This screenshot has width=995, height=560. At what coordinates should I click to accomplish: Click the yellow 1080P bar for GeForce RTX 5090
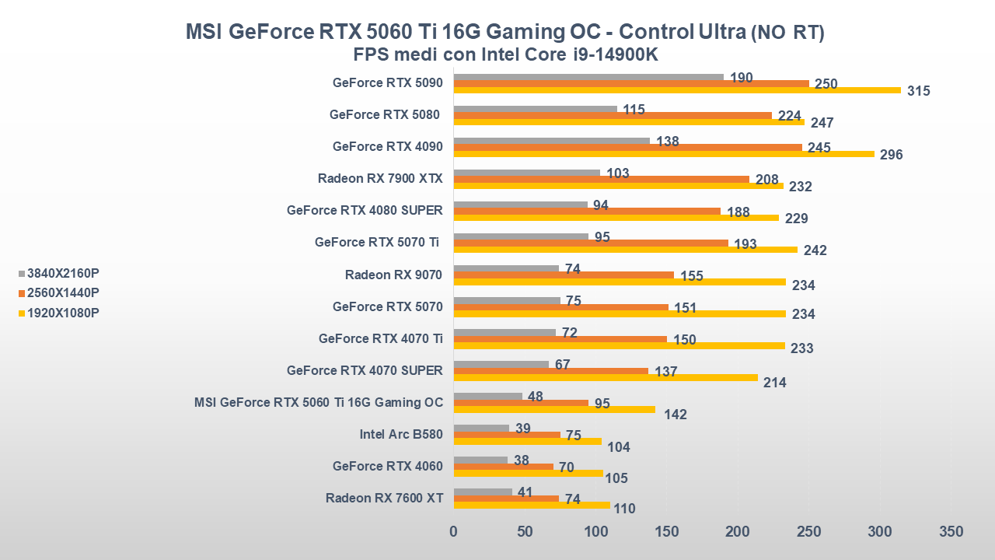676,90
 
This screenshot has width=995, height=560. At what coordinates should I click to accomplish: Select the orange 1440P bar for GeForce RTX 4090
627,147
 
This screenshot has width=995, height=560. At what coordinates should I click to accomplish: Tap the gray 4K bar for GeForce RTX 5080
535,109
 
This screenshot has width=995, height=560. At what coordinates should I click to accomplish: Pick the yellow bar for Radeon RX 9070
619,282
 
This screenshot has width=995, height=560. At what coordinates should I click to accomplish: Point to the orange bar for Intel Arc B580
506,435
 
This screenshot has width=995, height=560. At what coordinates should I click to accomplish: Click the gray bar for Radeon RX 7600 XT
482,492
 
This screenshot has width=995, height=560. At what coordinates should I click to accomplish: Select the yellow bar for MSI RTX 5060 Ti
553,409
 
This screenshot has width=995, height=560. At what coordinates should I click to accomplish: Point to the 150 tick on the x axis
667,532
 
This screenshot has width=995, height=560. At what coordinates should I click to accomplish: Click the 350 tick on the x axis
951,532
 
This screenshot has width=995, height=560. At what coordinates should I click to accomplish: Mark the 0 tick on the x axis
454,532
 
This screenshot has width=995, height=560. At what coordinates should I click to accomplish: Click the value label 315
919,91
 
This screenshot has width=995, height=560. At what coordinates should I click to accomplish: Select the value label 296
891,155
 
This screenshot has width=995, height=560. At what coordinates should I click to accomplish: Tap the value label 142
676,415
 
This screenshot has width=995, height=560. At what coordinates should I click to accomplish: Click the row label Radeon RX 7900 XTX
380,178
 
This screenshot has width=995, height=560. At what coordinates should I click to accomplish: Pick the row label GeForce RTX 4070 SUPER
365,370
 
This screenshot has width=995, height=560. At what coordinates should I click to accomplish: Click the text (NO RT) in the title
787,33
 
